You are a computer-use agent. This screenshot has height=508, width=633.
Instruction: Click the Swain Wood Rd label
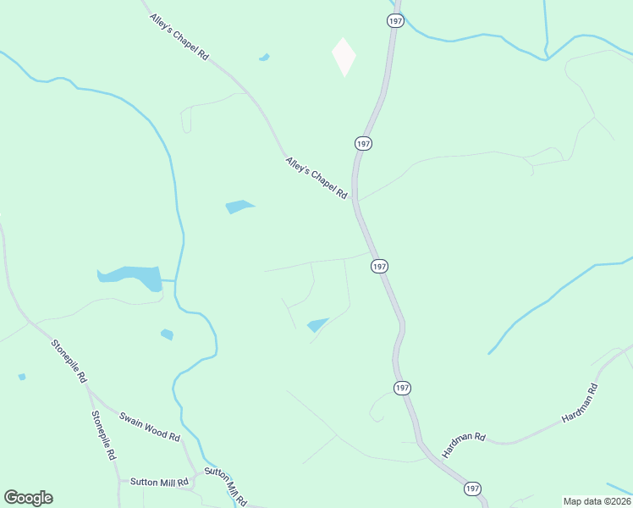[x=150, y=427]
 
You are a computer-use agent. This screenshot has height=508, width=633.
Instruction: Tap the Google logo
[x=28, y=498]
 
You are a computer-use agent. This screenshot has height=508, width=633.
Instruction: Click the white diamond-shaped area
[x=344, y=56]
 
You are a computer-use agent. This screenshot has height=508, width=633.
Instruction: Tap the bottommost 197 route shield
[x=471, y=489]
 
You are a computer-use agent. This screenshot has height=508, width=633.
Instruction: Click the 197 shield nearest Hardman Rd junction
[x=404, y=387]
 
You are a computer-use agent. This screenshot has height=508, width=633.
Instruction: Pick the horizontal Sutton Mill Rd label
[x=158, y=482]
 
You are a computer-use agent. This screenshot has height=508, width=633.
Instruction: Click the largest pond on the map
[x=131, y=277]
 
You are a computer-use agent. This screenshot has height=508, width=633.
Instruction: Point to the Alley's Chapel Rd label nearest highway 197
[x=316, y=177]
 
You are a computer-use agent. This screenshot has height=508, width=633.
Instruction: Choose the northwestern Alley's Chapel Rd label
[x=179, y=36]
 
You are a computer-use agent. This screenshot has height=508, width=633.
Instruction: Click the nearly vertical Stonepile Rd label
[x=103, y=435]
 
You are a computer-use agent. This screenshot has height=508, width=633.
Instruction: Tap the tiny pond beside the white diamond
[x=264, y=58]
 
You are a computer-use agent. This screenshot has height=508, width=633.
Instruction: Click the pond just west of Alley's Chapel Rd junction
[x=239, y=206]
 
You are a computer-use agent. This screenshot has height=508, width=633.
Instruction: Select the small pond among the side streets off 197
[x=317, y=324]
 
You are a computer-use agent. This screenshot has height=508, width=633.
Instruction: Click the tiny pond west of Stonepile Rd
[x=21, y=377]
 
